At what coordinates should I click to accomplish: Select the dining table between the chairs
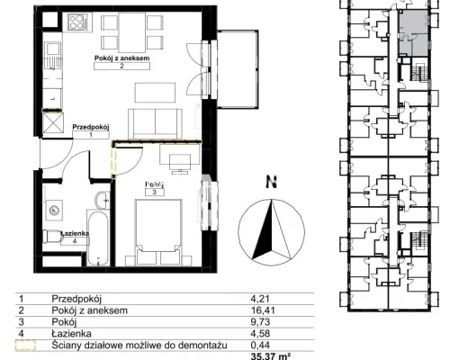pos(132,32)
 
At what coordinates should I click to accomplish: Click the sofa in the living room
pos(155,123)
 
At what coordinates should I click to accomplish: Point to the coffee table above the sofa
pos(155,93)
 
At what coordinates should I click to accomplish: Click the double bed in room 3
pos(158,232)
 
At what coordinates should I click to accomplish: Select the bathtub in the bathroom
pos(97,237)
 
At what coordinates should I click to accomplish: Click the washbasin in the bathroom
pos(103,200)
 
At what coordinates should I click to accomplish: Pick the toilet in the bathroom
pos(51,237)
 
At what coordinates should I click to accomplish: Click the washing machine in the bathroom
pos(54,210)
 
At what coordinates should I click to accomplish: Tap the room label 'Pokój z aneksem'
pos(121,58)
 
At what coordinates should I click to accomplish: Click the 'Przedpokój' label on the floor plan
pos(91,127)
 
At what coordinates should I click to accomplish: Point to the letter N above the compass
pos(272,182)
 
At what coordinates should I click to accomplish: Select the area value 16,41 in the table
pos(263,310)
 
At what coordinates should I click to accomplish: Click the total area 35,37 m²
pos(271,356)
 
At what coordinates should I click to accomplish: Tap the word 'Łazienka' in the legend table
pos(71,333)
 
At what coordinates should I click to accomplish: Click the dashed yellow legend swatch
pos(25,345)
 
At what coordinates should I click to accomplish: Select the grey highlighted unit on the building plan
pos(413,32)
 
